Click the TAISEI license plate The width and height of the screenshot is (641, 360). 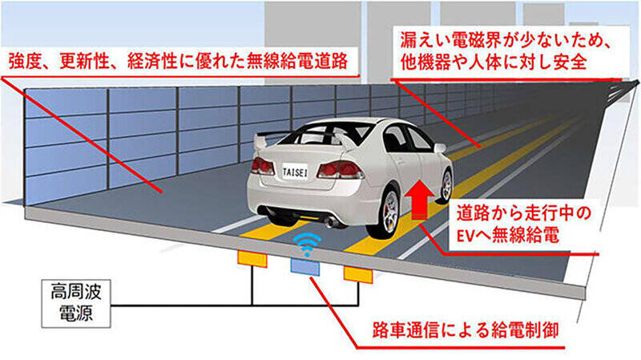click(x=295, y=172)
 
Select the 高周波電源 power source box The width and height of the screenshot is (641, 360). click(x=76, y=304)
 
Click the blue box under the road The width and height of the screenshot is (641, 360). click(x=305, y=266)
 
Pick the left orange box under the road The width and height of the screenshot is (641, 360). click(x=252, y=259)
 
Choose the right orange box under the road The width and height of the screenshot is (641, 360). click(x=358, y=274)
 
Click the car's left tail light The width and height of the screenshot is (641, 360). click(x=263, y=167)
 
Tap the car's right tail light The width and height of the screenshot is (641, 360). click(x=339, y=170)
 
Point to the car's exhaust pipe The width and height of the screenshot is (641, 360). click(x=331, y=223)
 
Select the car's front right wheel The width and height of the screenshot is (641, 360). click(x=445, y=186)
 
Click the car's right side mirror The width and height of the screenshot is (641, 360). click(x=439, y=148)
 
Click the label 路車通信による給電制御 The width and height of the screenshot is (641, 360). click(x=466, y=330)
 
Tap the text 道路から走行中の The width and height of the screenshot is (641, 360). click(x=524, y=213)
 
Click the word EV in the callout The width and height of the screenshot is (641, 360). click(x=465, y=236)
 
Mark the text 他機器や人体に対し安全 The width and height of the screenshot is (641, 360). click(x=494, y=62)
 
